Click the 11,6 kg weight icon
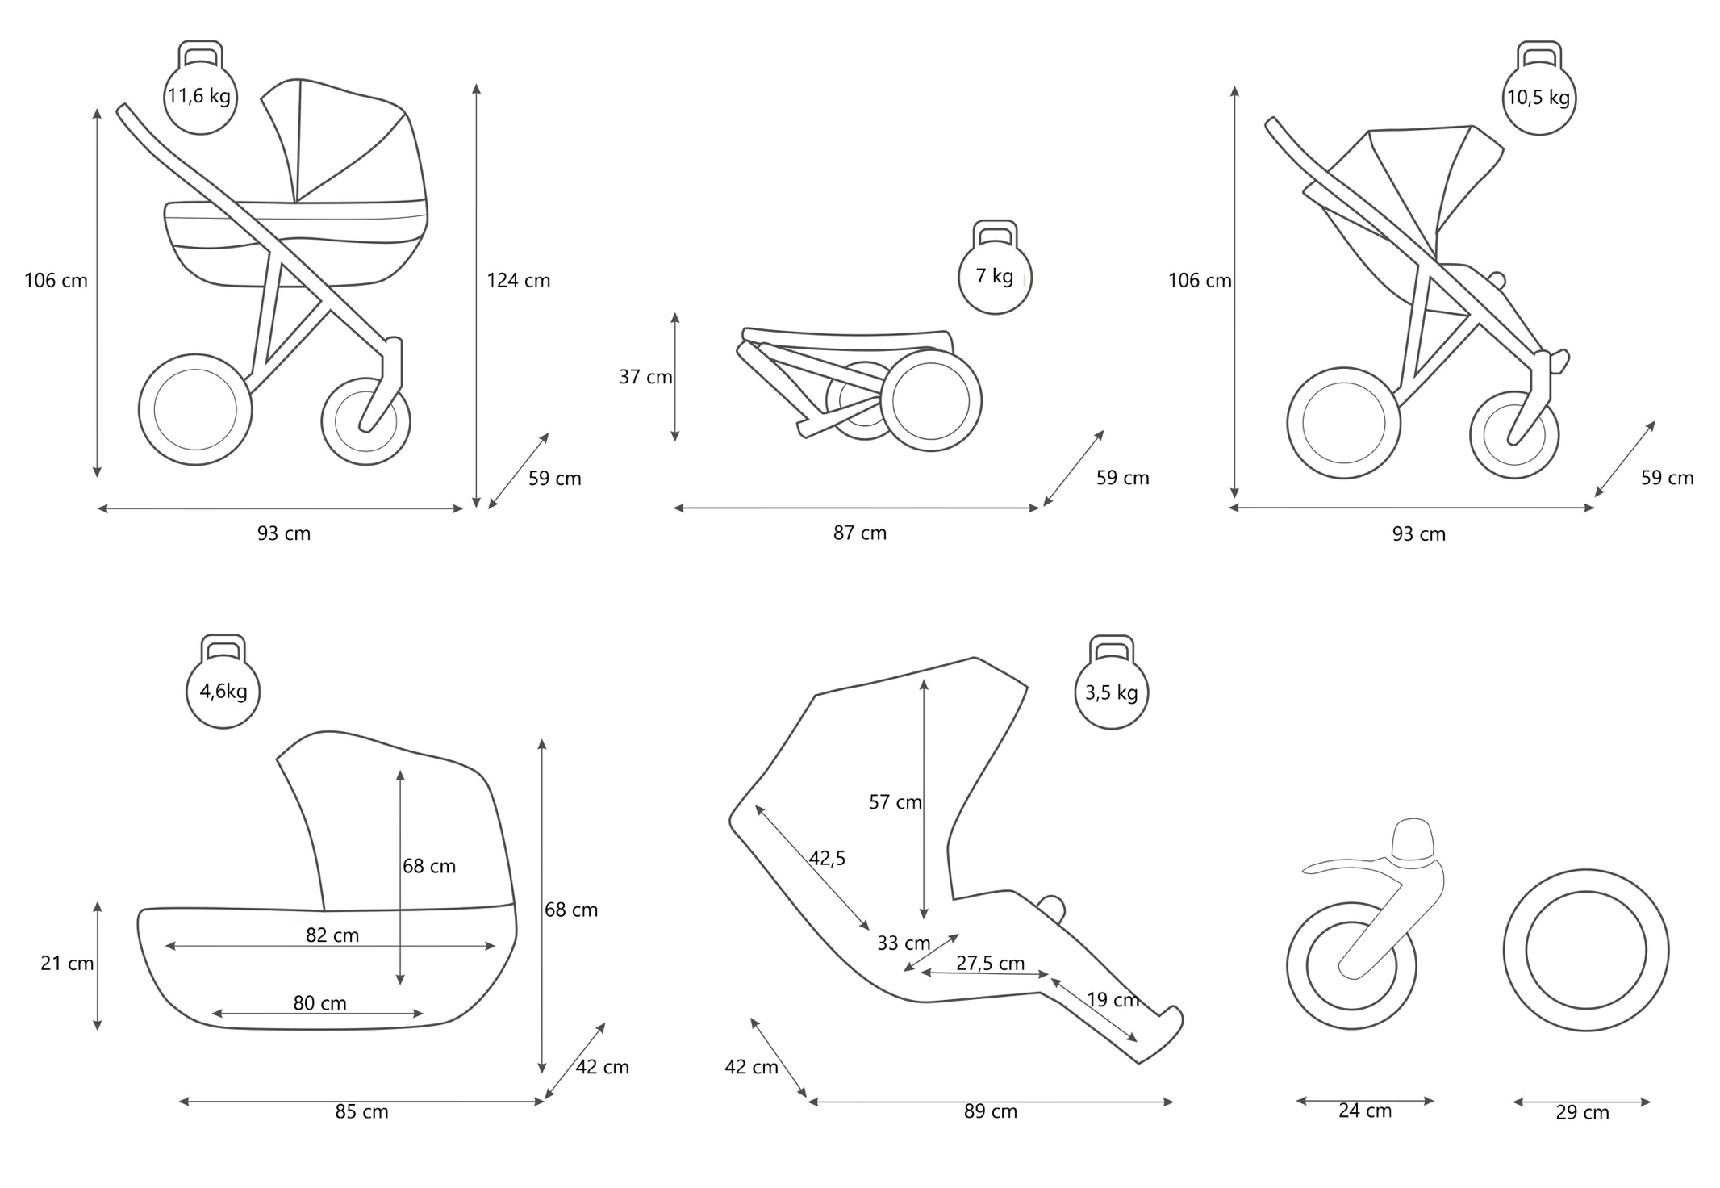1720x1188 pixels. (199, 96)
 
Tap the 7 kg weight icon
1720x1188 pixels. (995, 276)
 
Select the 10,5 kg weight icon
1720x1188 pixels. (1538, 98)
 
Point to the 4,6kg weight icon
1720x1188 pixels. (223, 691)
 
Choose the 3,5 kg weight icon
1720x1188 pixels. (1111, 692)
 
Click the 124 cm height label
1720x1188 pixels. (518, 281)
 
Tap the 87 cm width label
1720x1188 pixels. (859, 533)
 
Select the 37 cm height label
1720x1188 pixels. (645, 377)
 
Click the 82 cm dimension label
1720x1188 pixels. (332, 935)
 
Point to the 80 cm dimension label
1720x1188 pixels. (319, 1003)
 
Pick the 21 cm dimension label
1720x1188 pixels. (67, 964)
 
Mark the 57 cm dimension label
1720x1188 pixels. (895, 802)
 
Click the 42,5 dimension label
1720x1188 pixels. (827, 858)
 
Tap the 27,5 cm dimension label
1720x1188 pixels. (990, 963)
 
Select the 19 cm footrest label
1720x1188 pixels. (1113, 1000)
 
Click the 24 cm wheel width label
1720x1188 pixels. (1364, 1111)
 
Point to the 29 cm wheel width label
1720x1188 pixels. (1582, 1112)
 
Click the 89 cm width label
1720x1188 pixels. (990, 1111)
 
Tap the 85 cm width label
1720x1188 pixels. (361, 1111)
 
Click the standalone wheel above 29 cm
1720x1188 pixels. (1585, 950)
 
